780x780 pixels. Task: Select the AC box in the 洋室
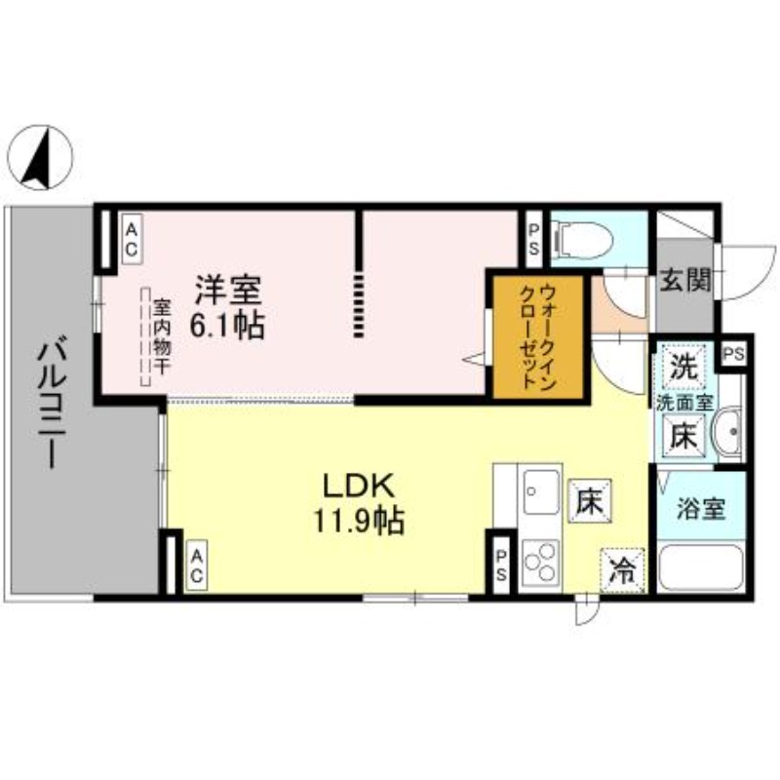pos(131,239)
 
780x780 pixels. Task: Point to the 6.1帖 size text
pos(229,325)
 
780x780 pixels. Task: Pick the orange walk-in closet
pos(537,336)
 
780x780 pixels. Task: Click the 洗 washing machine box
pos(682,369)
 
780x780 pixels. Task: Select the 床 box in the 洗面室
pos(683,435)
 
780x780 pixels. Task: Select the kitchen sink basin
pos(540,487)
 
